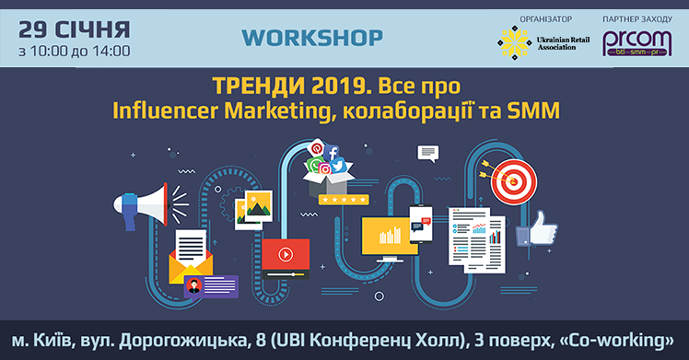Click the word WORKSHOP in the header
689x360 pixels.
(311, 39)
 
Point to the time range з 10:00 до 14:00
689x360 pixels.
(74, 50)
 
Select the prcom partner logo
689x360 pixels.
(631, 43)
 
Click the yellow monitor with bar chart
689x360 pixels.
(391, 236)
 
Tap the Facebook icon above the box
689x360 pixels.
(333, 153)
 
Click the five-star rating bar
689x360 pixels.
(335, 197)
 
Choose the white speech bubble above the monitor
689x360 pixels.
(427, 153)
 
